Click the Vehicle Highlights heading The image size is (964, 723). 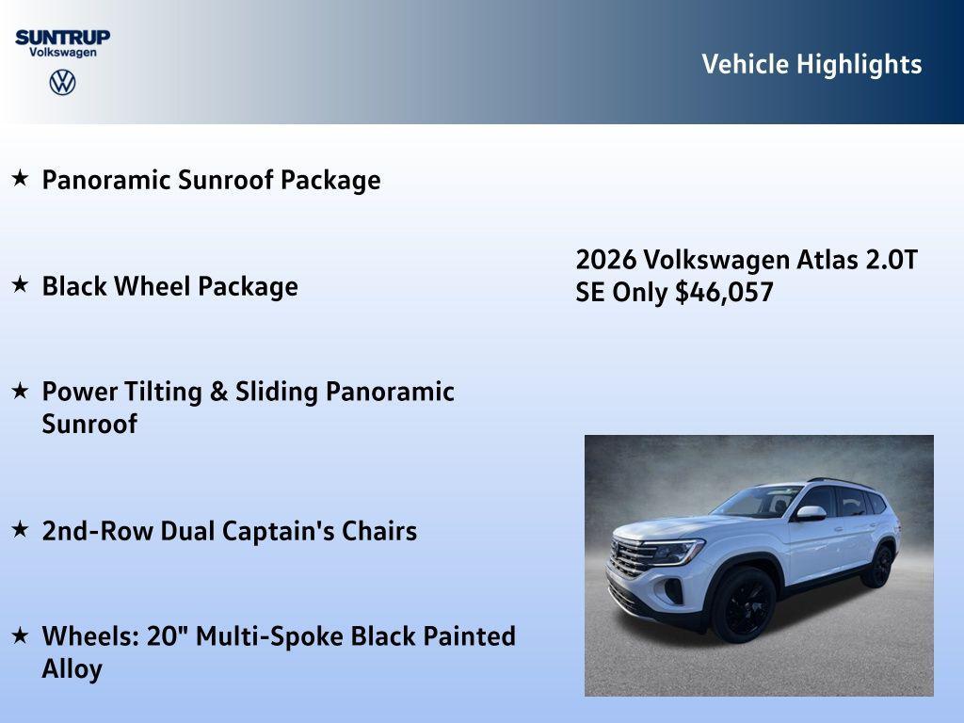[811, 64]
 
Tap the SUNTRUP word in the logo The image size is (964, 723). [62, 37]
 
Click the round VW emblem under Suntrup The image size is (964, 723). [62, 82]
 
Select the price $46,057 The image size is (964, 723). [724, 293]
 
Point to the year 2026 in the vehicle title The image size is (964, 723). [606, 260]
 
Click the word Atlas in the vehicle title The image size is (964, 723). [827, 260]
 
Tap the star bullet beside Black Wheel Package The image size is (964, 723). [20, 284]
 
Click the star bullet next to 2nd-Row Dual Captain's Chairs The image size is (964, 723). [20, 529]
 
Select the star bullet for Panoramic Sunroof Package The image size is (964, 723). [20, 178]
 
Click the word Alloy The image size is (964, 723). [72, 669]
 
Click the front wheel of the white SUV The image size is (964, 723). [744, 603]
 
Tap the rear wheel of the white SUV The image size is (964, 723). [878, 566]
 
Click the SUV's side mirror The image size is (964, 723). [810, 513]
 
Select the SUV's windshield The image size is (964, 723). [758, 503]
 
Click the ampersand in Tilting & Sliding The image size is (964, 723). [218, 393]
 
